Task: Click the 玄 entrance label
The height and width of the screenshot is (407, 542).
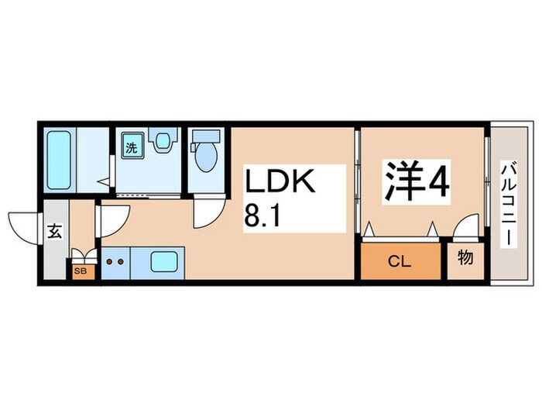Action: point(56,230)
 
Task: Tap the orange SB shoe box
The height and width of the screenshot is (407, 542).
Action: point(81,271)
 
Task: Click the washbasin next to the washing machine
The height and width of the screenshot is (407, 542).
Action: point(162,142)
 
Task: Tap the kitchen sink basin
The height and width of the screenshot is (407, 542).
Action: point(163,262)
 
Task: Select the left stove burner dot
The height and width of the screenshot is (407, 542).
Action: point(109,262)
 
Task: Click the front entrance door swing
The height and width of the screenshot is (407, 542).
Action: point(25,225)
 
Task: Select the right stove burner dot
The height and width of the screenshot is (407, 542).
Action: point(122,262)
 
